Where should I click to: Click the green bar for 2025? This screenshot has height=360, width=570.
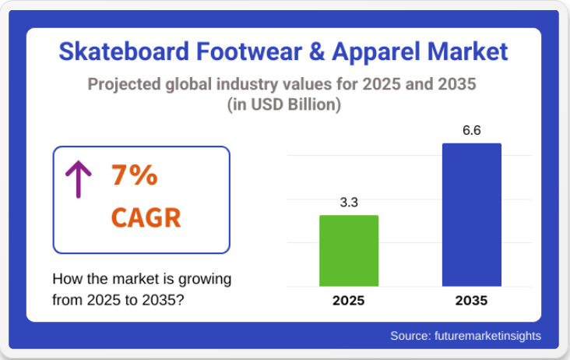pyautogui.click(x=349, y=251)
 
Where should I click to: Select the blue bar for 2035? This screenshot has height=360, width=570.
pyautogui.click(x=471, y=214)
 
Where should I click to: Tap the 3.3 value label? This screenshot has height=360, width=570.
pyautogui.click(x=349, y=203)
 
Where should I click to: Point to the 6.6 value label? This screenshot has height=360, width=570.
pyautogui.click(x=471, y=130)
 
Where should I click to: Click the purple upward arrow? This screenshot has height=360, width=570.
pyautogui.click(x=79, y=178)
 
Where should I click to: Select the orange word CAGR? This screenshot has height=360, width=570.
pyautogui.click(x=146, y=217)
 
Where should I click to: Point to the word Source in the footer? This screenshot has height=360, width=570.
pyautogui.click(x=409, y=336)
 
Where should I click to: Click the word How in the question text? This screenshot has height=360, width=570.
pyautogui.click(x=66, y=279)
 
